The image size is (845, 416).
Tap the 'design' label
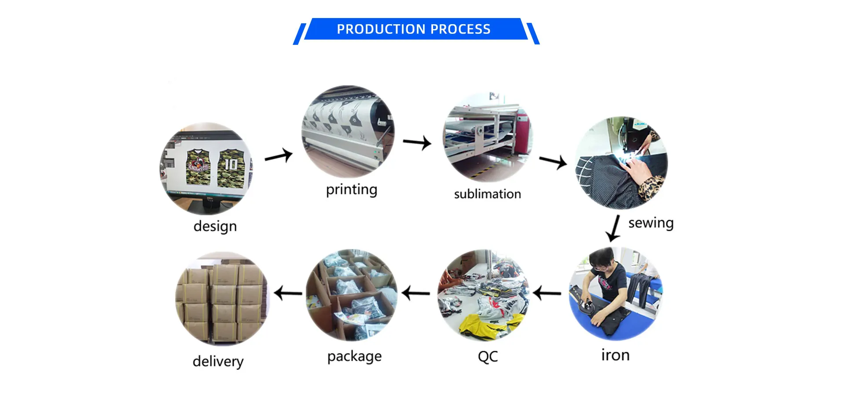[215, 226]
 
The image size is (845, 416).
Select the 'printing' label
[351, 190]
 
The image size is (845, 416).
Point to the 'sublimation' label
[487, 194]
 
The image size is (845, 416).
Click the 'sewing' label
[650, 223]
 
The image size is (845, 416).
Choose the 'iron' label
[615, 355]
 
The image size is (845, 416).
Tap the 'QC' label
[488, 356]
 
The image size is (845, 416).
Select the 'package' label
[354, 356]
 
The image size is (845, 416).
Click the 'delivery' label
[218, 361]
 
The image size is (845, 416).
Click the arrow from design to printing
[279, 156]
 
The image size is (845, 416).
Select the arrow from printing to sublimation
[417, 142]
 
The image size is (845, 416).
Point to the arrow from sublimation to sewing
[553, 161]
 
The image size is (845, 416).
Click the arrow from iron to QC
[547, 293]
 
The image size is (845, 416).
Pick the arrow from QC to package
[416, 293]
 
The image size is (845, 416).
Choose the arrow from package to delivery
[288, 293]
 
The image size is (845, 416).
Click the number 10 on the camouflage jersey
[231, 164]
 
